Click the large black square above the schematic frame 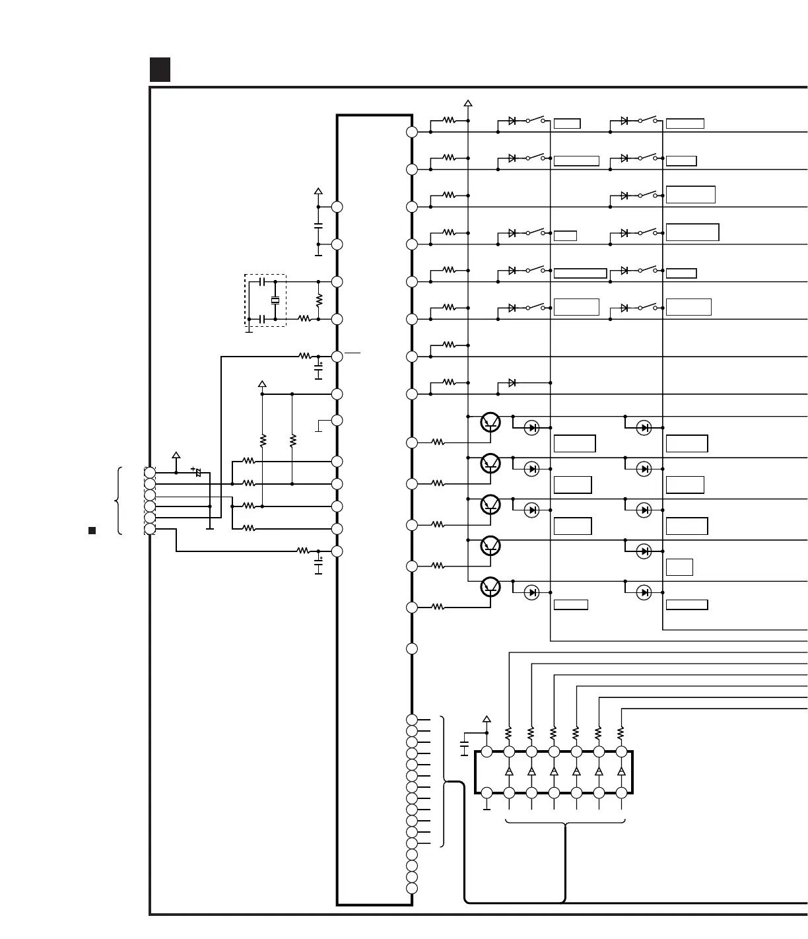pyautogui.click(x=160, y=69)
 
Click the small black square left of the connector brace pyautogui.click(x=92, y=530)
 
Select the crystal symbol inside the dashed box pyautogui.click(x=275, y=301)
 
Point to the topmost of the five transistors pyautogui.click(x=490, y=422)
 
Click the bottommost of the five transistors pyautogui.click(x=490, y=586)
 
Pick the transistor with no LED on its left pyautogui.click(x=490, y=545)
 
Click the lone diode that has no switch pyautogui.click(x=512, y=382)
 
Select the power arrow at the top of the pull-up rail pyautogui.click(x=468, y=102)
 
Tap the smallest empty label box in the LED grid pyautogui.click(x=679, y=567)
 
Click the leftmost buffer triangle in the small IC pyautogui.click(x=509, y=772)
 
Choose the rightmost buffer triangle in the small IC pyautogui.click(x=621, y=772)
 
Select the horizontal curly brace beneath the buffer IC pyautogui.click(x=565, y=823)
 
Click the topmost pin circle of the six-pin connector pyautogui.click(x=150, y=473)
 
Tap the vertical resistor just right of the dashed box pyautogui.click(x=318, y=300)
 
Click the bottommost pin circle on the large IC pyautogui.click(x=412, y=888)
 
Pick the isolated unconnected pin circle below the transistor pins pyautogui.click(x=412, y=648)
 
